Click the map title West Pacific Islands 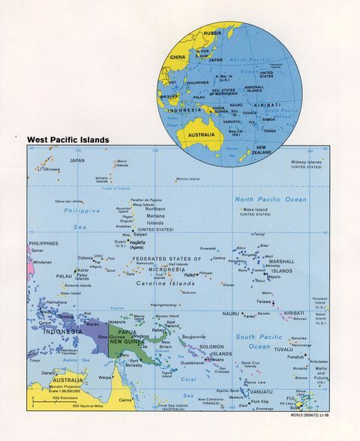[68, 139]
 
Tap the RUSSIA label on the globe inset [212, 34]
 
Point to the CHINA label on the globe [178, 57]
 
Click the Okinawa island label [50, 169]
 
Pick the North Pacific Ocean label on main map [271, 199]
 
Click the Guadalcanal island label [193, 362]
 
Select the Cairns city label [124, 401]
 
